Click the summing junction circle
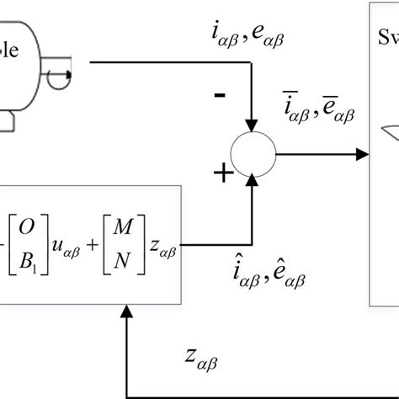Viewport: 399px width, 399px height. (x=253, y=154)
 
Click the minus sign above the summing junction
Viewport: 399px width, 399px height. (x=220, y=95)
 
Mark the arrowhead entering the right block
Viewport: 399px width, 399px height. (x=364, y=154)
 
